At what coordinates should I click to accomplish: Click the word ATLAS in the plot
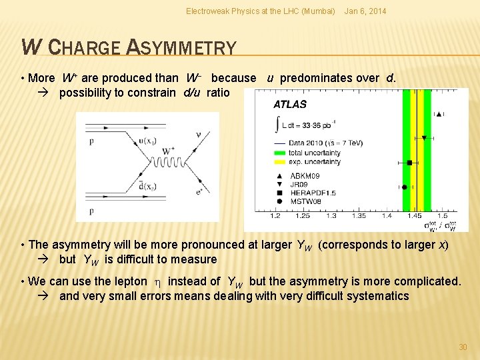[290, 104]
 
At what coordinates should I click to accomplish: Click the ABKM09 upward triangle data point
[439, 115]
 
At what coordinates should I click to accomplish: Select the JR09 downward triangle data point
[424, 138]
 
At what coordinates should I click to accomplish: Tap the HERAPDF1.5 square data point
[409, 162]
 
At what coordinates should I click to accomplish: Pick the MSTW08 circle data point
[405, 187]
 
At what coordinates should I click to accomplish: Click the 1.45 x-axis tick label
[414, 215]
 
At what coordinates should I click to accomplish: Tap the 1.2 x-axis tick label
[275, 215]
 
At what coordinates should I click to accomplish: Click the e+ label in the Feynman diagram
[199, 191]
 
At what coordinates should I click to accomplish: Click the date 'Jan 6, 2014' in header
[365, 11]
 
